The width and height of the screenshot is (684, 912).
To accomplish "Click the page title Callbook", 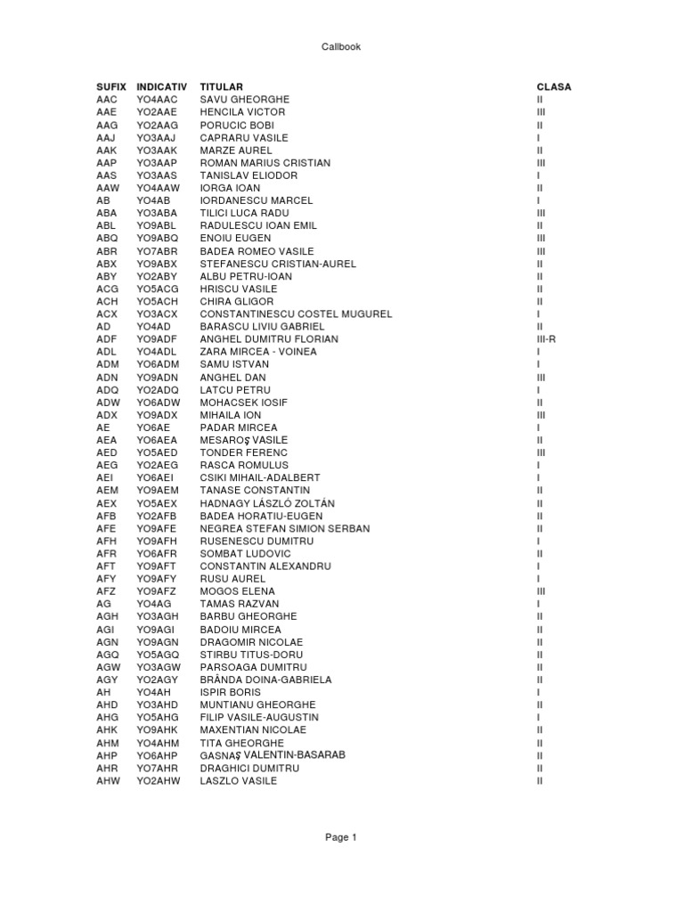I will [x=341, y=47].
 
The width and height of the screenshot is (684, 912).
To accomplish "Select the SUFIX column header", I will [x=111, y=87].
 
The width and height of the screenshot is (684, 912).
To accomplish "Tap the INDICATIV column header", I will [x=161, y=87].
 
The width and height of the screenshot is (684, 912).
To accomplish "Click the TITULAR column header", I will [x=222, y=87].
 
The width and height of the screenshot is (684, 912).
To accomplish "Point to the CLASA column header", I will [x=554, y=87].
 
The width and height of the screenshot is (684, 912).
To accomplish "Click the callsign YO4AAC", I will [x=158, y=100].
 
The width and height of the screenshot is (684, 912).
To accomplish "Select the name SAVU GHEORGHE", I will [x=245, y=100].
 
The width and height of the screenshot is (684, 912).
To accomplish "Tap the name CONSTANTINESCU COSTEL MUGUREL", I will [x=296, y=314].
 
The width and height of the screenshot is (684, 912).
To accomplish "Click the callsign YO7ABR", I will [x=157, y=251].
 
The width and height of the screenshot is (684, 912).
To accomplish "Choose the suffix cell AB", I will [x=103, y=201].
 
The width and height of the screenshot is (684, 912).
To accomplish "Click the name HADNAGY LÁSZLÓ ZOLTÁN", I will [x=267, y=503].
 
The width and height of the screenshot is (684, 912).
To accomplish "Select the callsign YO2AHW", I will [x=159, y=781].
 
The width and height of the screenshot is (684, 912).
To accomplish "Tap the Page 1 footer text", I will [x=341, y=837].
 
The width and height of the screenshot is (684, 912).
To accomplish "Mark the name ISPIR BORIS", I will [x=231, y=692].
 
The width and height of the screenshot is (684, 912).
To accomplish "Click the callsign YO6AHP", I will [x=158, y=755].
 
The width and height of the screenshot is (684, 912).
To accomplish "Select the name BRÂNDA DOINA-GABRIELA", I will [x=265, y=680].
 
